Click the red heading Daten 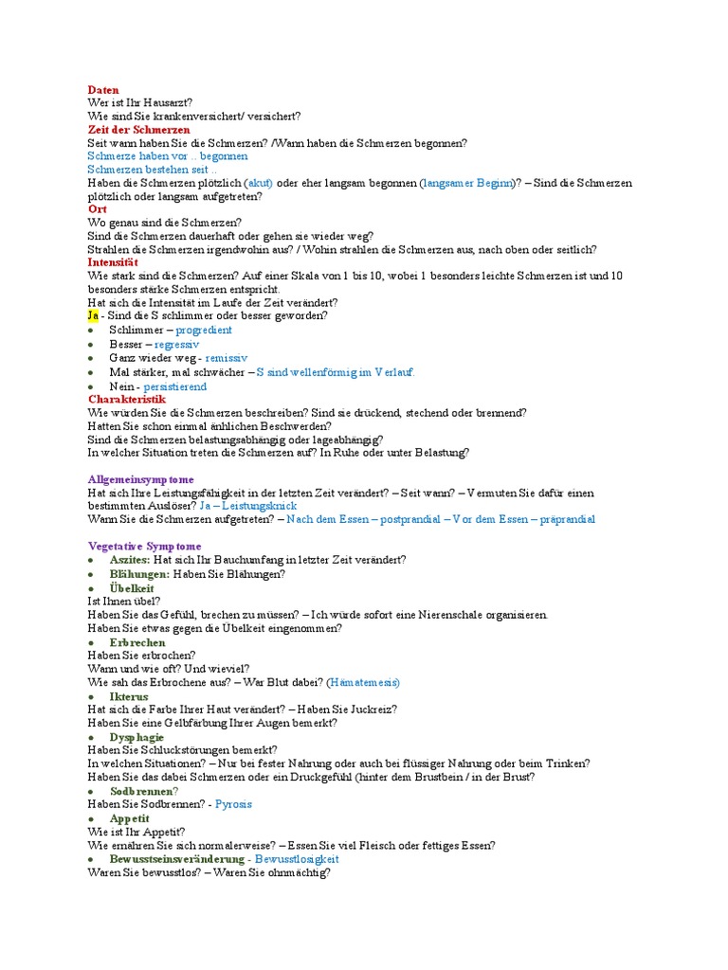click(x=103, y=90)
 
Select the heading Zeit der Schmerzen click(x=138, y=130)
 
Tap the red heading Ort click(x=98, y=208)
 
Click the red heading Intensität click(x=113, y=262)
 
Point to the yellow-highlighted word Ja click(x=93, y=315)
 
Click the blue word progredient click(x=204, y=330)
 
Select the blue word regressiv click(x=177, y=345)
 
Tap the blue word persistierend click(x=174, y=386)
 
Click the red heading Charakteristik click(x=126, y=400)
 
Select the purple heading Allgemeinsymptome click(x=140, y=480)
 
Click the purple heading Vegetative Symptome click(x=144, y=547)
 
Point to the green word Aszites click(x=129, y=561)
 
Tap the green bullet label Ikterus click(x=129, y=696)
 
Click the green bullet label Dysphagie click(x=136, y=737)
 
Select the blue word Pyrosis click(x=233, y=804)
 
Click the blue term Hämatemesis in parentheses click(x=363, y=682)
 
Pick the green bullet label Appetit click(x=130, y=818)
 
